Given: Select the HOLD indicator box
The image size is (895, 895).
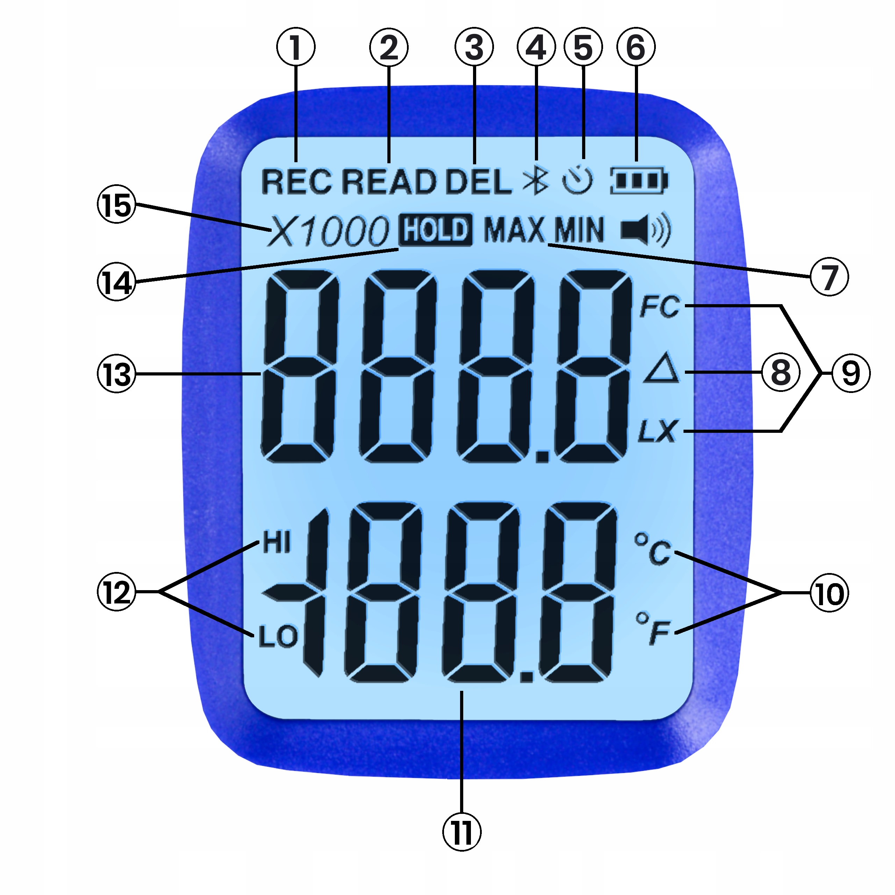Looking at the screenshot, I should (436, 230).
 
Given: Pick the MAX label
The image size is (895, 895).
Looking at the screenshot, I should (514, 230).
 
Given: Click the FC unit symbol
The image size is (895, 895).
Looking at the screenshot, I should (660, 307).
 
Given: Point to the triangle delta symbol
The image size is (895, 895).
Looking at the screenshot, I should (661, 368).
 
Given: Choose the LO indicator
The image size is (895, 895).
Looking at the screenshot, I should (278, 637).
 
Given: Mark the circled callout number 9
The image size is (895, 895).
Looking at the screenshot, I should (851, 373).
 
